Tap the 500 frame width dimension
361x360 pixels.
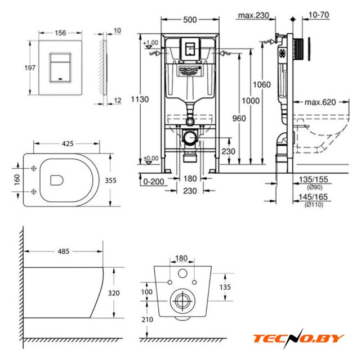point(189,20)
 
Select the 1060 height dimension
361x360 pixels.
point(262,84)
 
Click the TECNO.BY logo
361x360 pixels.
point(298,337)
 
